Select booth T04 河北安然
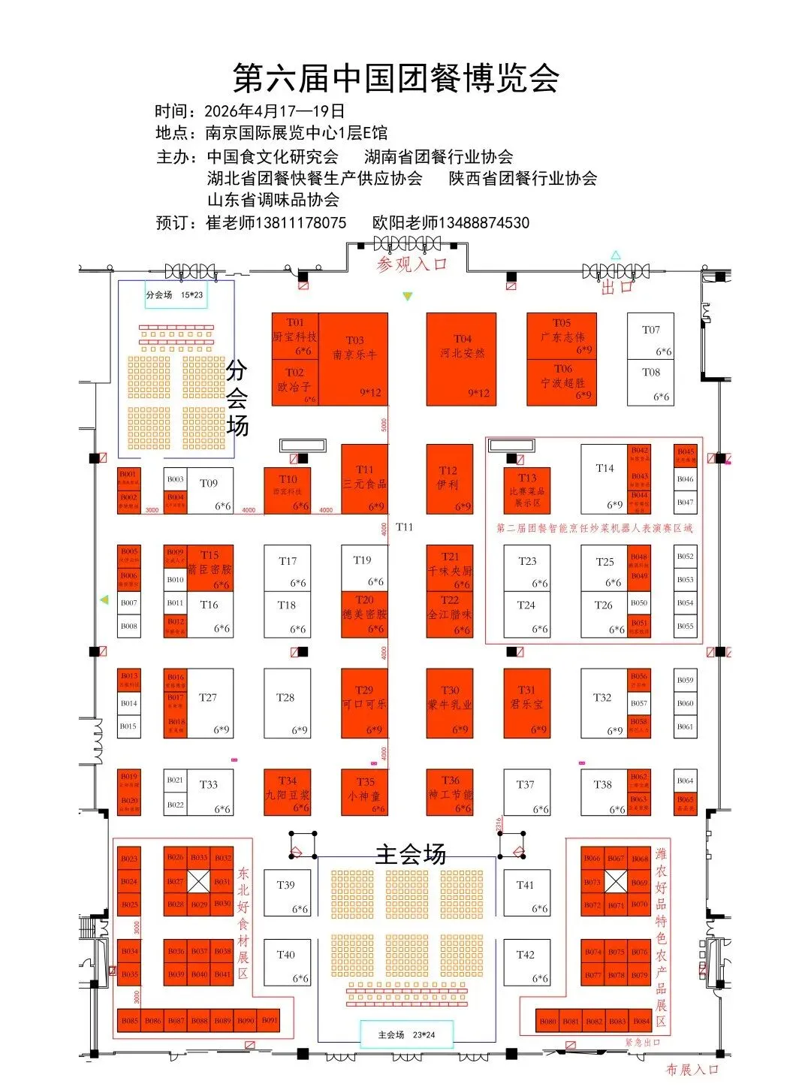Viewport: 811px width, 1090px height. pos(461,359)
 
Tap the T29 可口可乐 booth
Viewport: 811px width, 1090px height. pos(364,703)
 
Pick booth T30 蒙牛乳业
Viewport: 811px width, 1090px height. pos(450,703)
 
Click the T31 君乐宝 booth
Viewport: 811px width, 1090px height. pos(527,703)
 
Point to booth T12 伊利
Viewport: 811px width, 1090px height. pos(449,479)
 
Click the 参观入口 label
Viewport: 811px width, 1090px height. pos(412,264)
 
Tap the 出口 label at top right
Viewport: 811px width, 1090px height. pos(617,287)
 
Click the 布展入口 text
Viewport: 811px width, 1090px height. pos(692,1069)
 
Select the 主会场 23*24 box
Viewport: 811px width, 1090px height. pos(406,1034)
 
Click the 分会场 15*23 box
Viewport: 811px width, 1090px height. pos(176,294)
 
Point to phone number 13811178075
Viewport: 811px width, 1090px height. pos(301,223)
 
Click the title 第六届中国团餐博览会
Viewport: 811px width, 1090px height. pos(396,78)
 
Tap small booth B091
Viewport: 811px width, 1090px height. pos(270,1020)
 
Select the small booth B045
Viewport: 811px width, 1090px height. pos(686,455)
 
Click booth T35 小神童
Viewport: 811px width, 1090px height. pos(364,792)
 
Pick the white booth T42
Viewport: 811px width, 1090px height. pos(526,963)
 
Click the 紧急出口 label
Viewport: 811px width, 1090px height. pos(642,1043)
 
